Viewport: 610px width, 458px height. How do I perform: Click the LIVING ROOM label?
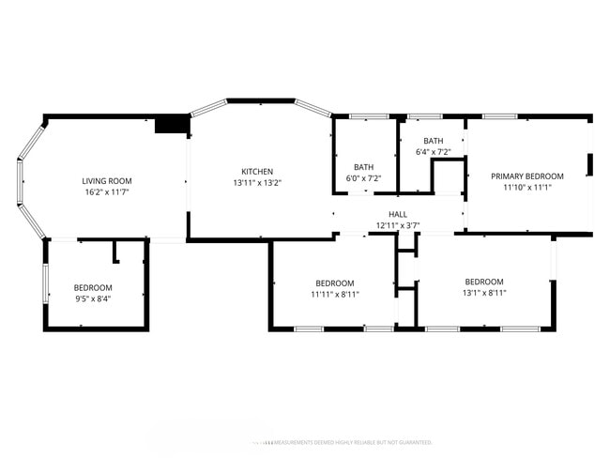[106, 181]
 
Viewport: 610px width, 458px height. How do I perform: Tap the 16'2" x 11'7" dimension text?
[106, 192]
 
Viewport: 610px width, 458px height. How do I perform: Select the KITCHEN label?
[257, 172]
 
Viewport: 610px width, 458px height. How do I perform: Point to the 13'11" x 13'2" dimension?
[257, 183]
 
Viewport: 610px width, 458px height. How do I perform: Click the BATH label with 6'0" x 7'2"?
[364, 167]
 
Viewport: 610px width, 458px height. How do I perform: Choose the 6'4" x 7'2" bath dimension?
[433, 152]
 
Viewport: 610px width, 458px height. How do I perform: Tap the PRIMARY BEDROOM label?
[527, 176]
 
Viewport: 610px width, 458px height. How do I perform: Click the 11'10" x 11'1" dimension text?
[527, 188]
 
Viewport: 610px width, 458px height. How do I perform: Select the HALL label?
[398, 214]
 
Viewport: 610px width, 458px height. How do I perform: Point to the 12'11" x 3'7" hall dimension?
[398, 225]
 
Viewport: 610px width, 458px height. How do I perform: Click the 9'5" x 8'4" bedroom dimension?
[93, 299]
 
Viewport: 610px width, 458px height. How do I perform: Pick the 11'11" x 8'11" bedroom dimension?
[334, 295]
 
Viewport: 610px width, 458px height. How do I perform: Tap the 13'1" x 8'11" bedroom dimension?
[484, 293]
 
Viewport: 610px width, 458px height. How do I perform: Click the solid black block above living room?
[172, 125]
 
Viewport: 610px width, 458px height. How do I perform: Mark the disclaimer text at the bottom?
[343, 441]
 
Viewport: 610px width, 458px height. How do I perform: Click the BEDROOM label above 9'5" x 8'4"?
[93, 288]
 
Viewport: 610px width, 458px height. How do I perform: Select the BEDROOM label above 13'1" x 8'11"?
[484, 282]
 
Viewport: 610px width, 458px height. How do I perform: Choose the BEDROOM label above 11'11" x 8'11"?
[334, 283]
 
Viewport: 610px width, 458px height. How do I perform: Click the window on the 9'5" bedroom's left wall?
[45, 283]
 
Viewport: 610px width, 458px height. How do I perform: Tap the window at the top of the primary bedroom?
[498, 116]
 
